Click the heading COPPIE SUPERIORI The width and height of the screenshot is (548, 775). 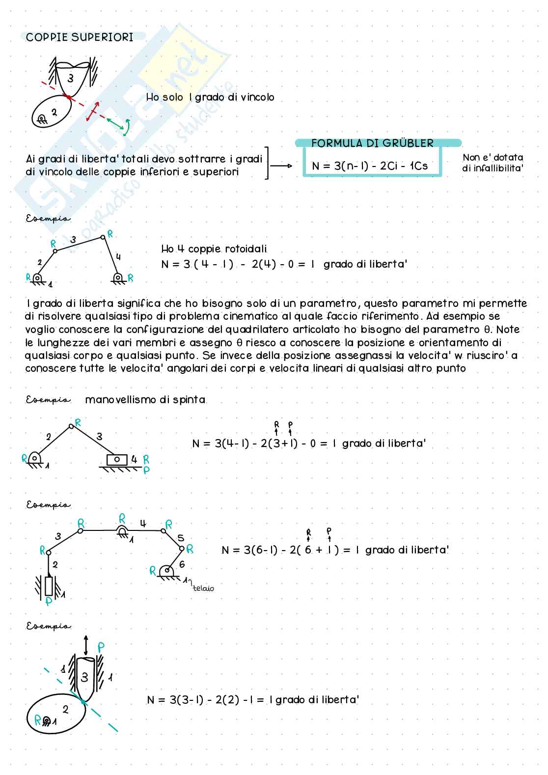[80, 37]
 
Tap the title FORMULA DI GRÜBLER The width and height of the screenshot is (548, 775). [372, 143]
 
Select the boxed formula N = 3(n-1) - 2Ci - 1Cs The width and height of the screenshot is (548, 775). [370, 166]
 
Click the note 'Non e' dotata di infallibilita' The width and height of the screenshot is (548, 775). [493, 163]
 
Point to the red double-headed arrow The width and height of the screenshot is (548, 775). [93, 111]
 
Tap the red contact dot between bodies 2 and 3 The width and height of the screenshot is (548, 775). [69, 97]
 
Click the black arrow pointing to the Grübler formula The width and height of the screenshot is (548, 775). [281, 166]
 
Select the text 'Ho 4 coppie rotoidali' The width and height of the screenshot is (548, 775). [214, 249]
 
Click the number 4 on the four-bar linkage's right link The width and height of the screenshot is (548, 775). [118, 256]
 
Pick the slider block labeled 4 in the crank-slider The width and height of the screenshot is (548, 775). [117, 460]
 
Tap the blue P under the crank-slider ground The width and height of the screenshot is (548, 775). [146, 470]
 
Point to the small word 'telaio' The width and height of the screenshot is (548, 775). [203, 588]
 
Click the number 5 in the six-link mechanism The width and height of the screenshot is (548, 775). [181, 537]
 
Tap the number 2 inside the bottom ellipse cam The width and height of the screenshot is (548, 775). [65, 709]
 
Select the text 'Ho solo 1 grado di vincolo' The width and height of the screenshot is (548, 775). [210, 97]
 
